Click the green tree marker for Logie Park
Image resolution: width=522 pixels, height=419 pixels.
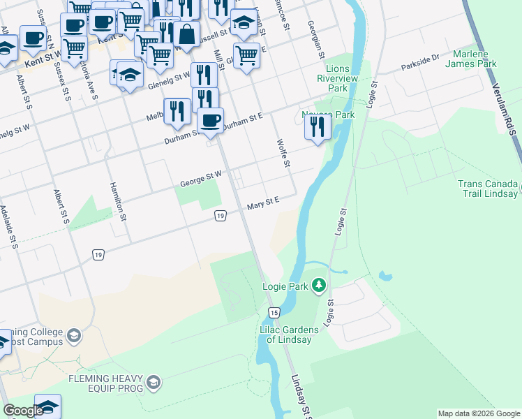tap(319, 285)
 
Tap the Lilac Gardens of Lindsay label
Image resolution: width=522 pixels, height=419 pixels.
tap(290, 335)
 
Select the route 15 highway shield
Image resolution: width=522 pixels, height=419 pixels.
tap(274, 312)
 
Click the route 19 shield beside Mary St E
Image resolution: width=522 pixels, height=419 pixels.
tap(220, 216)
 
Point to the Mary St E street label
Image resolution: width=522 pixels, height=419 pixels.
tap(262, 203)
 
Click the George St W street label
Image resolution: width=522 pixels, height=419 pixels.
tap(200, 179)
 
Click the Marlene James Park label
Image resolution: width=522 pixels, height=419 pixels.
tap(475, 59)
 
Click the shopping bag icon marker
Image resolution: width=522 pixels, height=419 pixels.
tap(187, 34)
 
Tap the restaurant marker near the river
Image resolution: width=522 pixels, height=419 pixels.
tap(317, 128)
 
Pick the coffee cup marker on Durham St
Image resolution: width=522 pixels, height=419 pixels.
tap(210, 120)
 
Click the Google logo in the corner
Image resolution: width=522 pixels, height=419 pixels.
tap(22, 411)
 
